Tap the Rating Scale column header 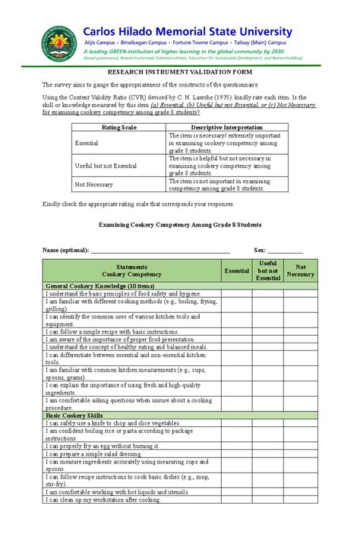118,127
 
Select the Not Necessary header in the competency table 300,270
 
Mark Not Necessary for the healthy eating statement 300,346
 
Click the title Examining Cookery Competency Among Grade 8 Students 181,226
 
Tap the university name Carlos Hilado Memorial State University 187,31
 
